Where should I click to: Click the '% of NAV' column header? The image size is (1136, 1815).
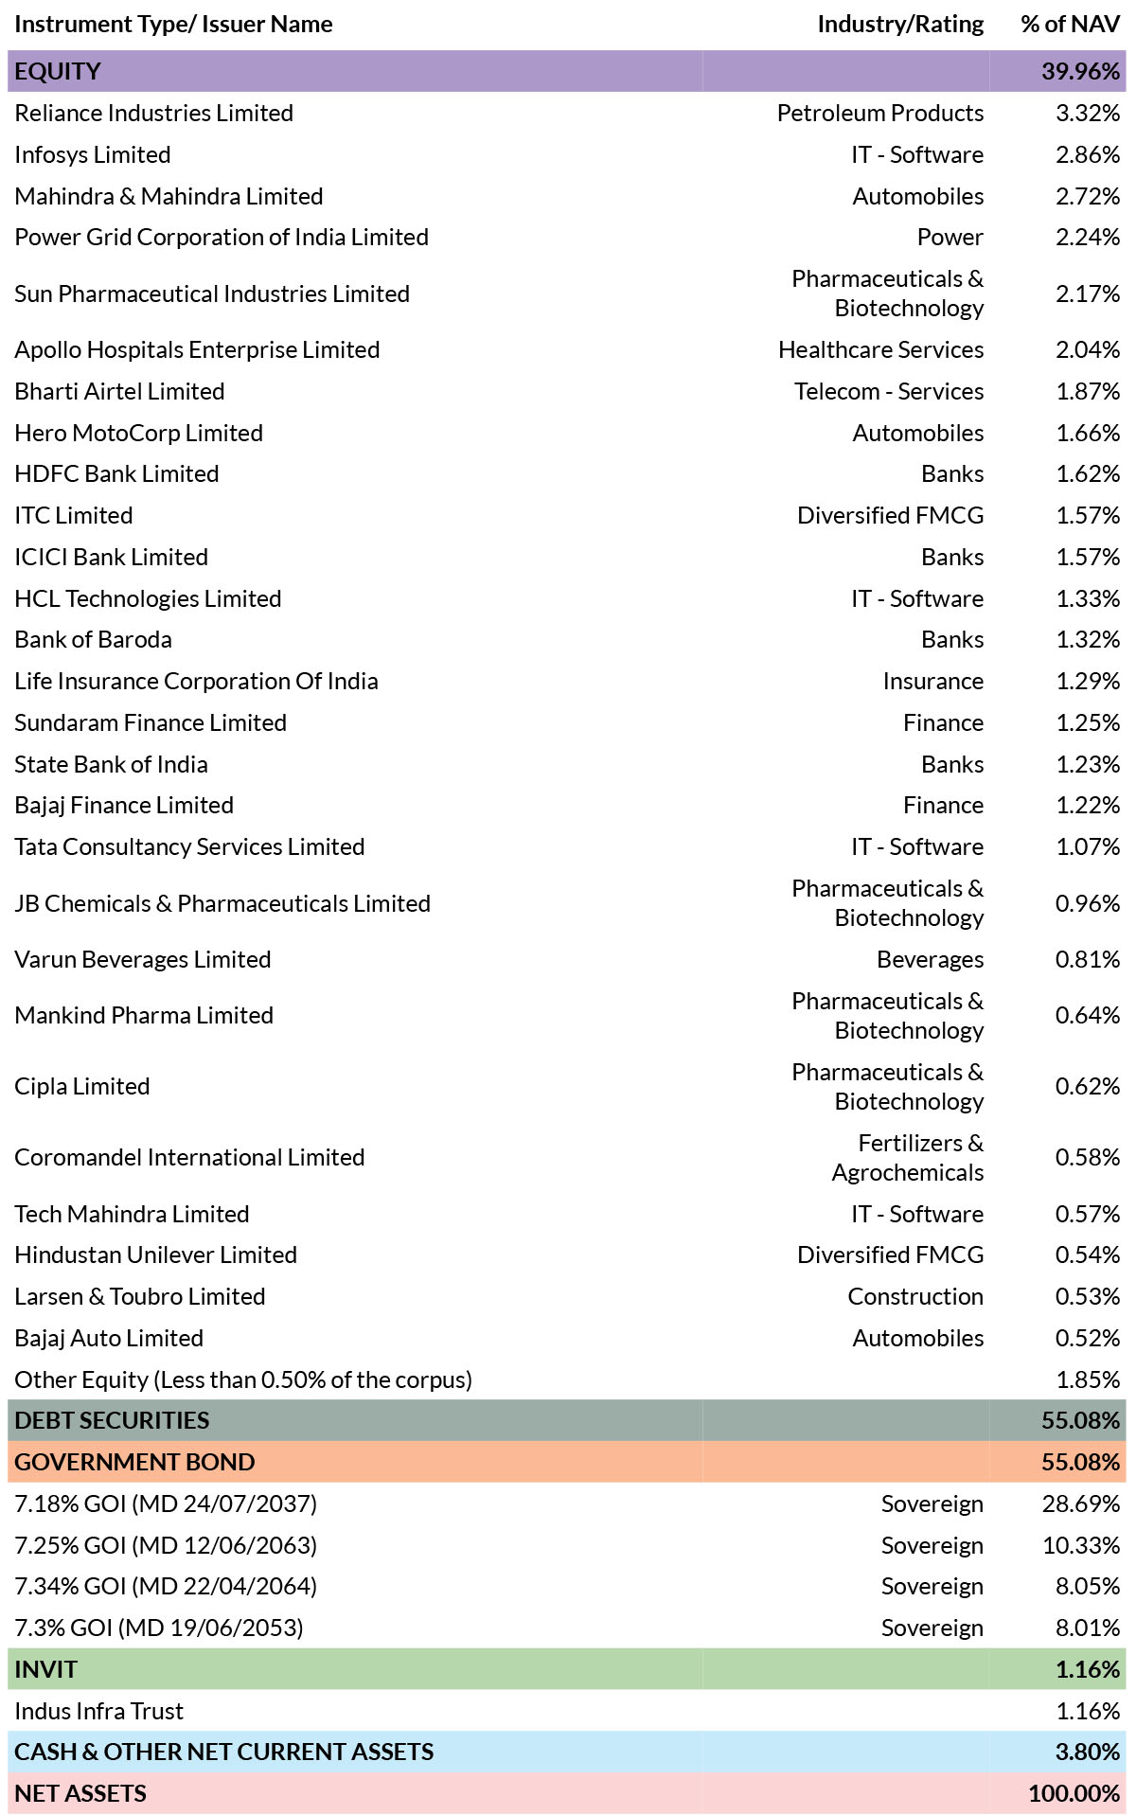pyautogui.click(x=1070, y=25)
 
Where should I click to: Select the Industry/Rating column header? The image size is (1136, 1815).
pyautogui.click(x=900, y=25)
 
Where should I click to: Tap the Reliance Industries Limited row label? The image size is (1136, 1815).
pyautogui.click(x=153, y=114)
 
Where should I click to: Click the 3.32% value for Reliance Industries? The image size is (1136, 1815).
pyautogui.click(x=1088, y=114)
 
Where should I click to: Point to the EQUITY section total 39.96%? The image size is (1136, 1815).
pyautogui.click(x=1080, y=72)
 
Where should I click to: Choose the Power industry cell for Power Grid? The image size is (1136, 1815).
pyautogui.click(x=950, y=238)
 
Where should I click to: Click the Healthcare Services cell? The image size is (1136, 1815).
pyautogui.click(x=880, y=350)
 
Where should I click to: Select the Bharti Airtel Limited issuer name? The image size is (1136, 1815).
pyautogui.click(x=119, y=392)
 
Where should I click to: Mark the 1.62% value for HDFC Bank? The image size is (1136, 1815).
pyautogui.click(x=1088, y=474)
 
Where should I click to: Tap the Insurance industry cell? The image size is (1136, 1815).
pyautogui.click(x=932, y=682)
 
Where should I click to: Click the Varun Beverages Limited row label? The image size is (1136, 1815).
pyautogui.click(x=142, y=960)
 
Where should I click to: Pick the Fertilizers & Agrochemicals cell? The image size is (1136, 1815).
pyautogui.click(x=908, y=1158)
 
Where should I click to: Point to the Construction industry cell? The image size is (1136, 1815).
pyautogui.click(x=915, y=1297)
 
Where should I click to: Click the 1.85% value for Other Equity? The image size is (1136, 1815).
pyautogui.click(x=1088, y=1380)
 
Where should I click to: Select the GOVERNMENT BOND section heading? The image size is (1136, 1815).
pyautogui.click(x=134, y=1463)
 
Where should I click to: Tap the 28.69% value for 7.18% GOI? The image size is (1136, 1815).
pyautogui.click(x=1081, y=1504)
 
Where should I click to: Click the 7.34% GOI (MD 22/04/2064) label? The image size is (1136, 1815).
pyautogui.click(x=166, y=1587)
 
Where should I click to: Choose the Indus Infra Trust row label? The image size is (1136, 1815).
pyautogui.click(x=98, y=1712)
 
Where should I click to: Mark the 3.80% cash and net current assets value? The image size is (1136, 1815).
pyautogui.click(x=1088, y=1753)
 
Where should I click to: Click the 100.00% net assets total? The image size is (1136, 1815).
pyautogui.click(x=1074, y=1794)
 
